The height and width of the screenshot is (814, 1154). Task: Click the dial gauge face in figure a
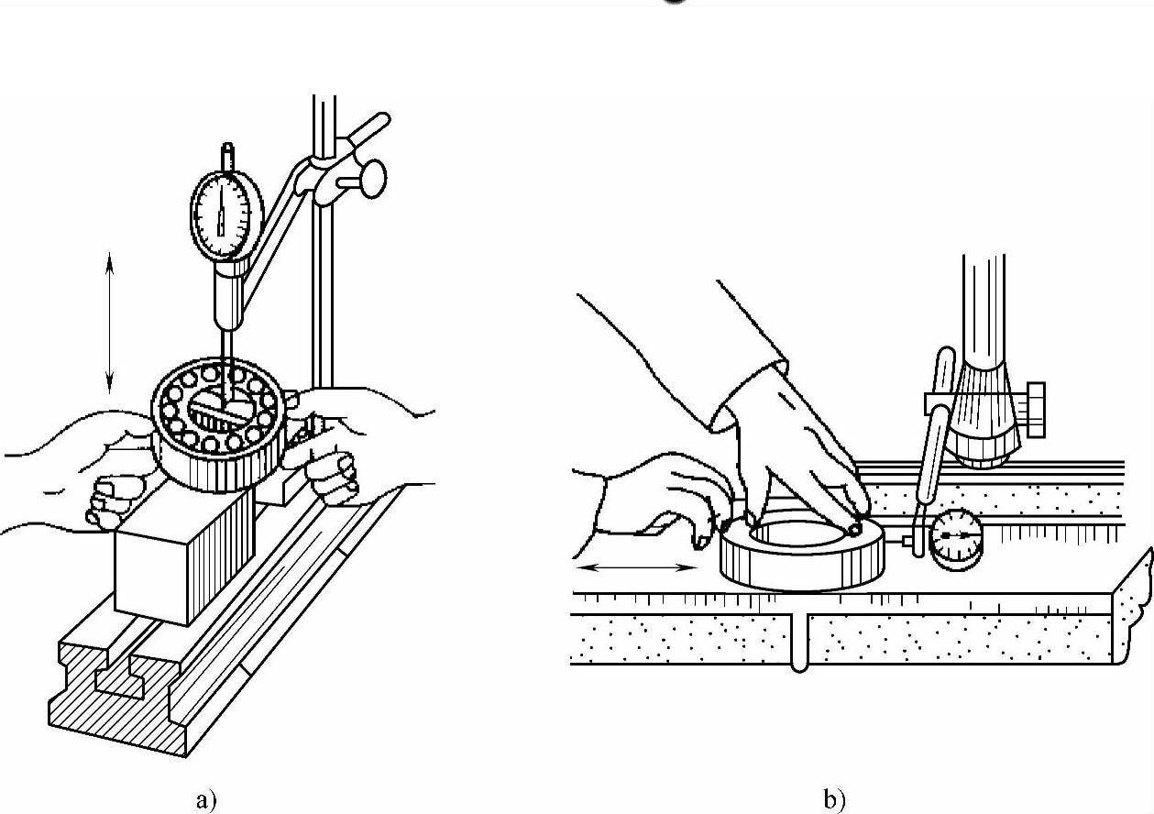(223, 214)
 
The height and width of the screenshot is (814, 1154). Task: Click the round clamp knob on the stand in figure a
(371, 180)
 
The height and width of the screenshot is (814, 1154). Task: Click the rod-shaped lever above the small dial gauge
(934, 431)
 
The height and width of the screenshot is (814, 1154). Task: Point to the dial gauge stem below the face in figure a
(226, 293)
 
